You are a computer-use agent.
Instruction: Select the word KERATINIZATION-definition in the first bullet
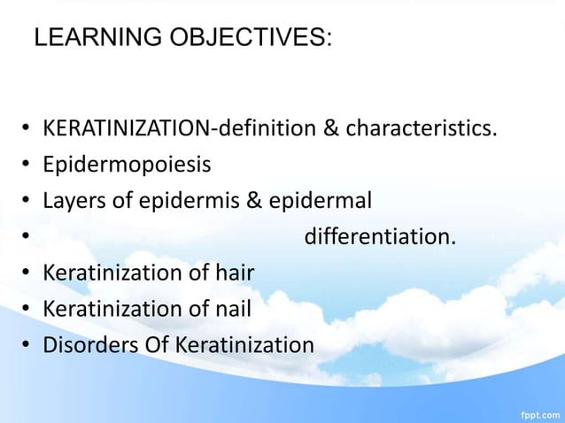click(x=179, y=129)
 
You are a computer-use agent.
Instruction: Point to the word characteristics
click(x=421, y=129)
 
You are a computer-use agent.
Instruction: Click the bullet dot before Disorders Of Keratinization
click(x=27, y=345)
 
